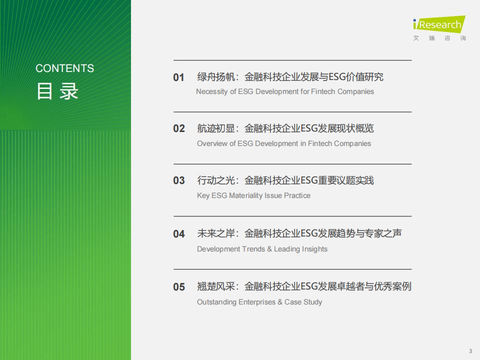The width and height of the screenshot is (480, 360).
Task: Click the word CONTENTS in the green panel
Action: tap(64, 68)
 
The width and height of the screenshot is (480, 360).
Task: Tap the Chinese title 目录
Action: tap(57, 91)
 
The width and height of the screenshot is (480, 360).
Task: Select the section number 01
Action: tap(179, 77)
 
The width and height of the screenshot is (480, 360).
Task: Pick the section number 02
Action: tap(179, 128)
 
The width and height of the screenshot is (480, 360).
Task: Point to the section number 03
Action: tap(179, 180)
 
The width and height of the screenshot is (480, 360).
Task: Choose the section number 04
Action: tap(179, 234)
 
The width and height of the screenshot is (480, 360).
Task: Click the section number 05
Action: tap(179, 287)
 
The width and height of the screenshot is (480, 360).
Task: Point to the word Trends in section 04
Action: tap(253, 249)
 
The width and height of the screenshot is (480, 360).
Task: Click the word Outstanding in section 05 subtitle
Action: tap(216, 302)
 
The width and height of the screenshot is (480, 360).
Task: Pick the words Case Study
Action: tap(303, 302)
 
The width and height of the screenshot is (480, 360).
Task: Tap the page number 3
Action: tap(470, 351)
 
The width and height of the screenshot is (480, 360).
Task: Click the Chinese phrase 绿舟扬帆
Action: tap(216, 77)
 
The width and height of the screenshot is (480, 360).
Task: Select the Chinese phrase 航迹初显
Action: tap(216, 128)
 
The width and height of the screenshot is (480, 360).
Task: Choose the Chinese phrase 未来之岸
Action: tap(216, 233)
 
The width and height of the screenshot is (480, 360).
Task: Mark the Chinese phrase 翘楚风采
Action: tap(216, 286)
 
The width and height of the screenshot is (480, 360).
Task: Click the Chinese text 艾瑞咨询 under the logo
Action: tap(439, 38)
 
